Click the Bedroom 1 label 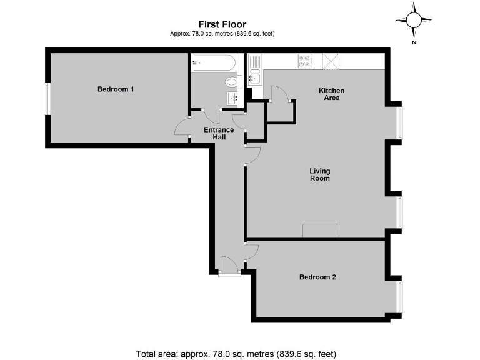[116, 89]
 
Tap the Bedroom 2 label [317, 277]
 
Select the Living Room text [319, 174]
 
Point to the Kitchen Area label [331, 94]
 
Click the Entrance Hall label [219, 133]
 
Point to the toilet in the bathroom [232, 82]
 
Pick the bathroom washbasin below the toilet [232, 97]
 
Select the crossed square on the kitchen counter [329, 61]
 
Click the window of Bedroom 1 [46, 99]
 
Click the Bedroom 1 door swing [182, 127]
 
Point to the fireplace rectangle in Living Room [320, 231]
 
